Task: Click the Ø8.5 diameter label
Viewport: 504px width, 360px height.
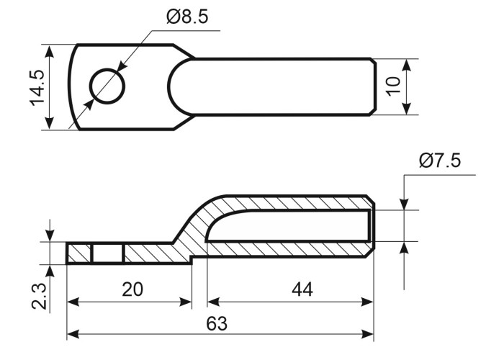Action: coord(187,17)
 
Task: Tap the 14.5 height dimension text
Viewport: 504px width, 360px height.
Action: coord(37,87)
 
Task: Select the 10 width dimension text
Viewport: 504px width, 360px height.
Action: coord(393,86)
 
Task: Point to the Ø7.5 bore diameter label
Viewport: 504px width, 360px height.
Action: coord(440,161)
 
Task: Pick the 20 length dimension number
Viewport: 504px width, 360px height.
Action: coord(132,289)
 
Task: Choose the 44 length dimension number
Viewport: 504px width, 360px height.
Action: coord(302,289)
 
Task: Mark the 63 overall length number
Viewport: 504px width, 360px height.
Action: coord(217,323)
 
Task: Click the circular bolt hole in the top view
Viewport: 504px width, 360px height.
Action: coord(107,86)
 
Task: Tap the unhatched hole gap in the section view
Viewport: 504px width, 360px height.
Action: coord(108,254)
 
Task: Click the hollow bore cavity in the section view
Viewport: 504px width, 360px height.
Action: coord(289,225)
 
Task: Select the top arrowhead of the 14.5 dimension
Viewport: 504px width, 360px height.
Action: coord(49,51)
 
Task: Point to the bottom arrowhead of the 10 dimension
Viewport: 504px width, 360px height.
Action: coord(407,109)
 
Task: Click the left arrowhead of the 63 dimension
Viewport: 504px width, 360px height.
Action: coord(73,334)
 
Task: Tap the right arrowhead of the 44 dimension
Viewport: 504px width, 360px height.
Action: coord(366,302)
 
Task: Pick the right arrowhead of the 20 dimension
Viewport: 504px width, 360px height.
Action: coord(186,302)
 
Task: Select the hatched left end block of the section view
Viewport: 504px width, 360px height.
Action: coord(79,254)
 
